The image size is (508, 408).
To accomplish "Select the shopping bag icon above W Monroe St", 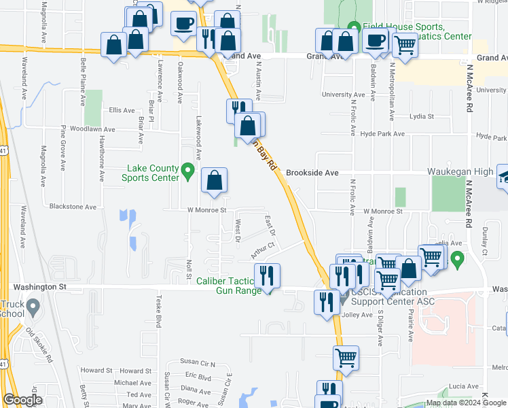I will pos(215,181).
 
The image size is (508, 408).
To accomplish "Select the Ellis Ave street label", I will pos(122,110).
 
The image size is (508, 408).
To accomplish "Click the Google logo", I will pos(22,400).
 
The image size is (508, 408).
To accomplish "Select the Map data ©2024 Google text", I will pos(465,403).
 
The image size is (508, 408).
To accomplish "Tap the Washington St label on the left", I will pos(42,287).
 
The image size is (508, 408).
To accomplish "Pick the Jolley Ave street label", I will pos(358,315).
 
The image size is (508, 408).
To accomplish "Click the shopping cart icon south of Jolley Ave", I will pos(346,356).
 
